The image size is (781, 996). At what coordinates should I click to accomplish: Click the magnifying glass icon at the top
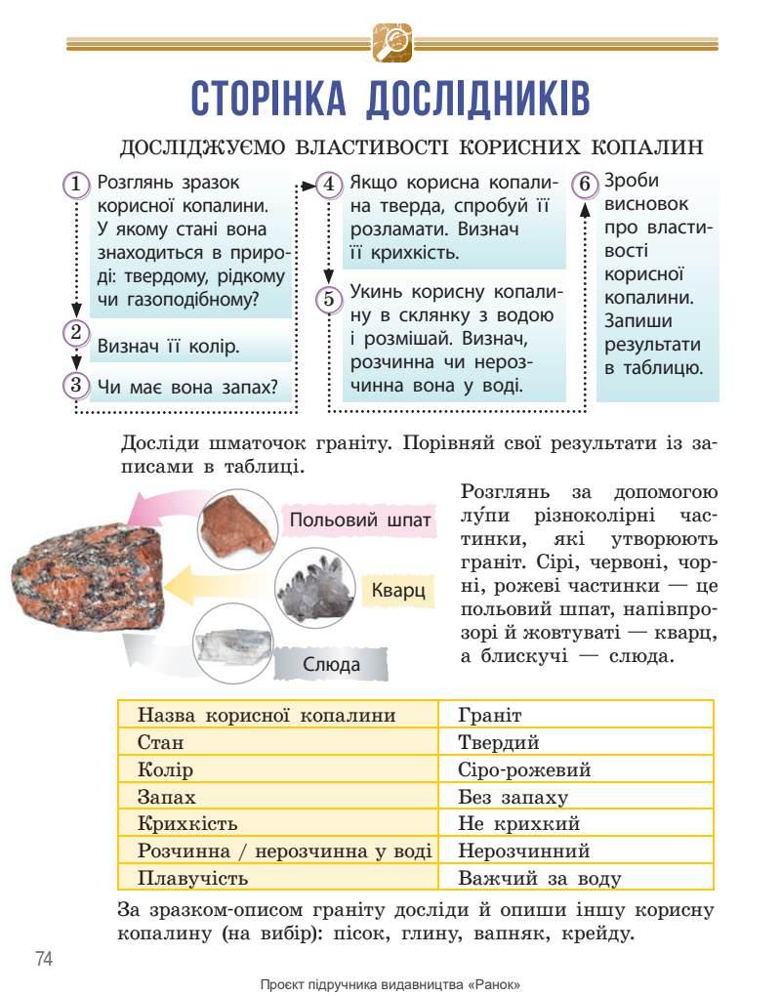point(392,42)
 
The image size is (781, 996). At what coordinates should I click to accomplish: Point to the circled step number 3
point(76,385)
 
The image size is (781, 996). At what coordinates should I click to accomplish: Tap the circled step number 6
point(584,185)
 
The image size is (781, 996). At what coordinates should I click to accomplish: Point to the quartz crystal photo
point(313,588)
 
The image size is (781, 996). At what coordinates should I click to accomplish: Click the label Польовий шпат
point(359,519)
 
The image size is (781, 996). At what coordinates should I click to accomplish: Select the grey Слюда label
point(331,665)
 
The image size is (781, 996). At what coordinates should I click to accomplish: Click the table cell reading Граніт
point(490,715)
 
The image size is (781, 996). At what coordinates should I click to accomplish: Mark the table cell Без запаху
point(513,797)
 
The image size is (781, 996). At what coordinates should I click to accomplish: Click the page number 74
point(44,958)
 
